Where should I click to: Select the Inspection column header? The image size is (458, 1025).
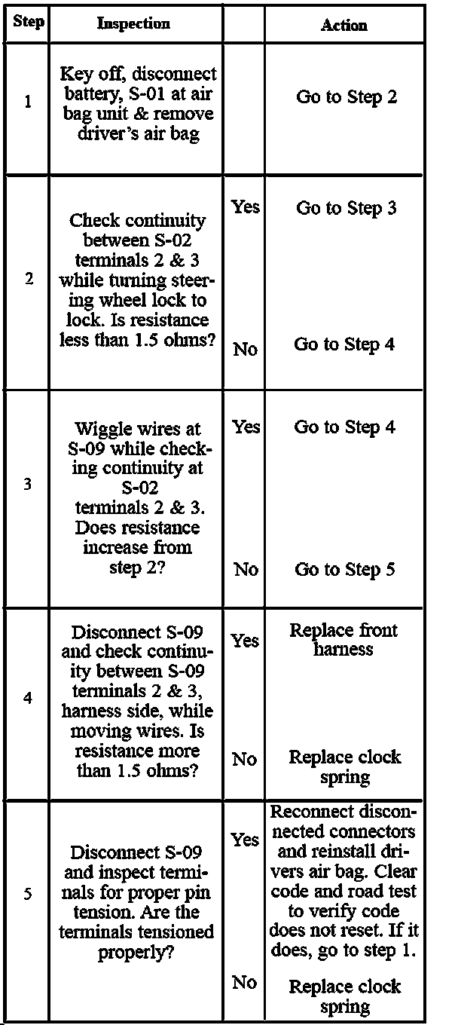tap(133, 23)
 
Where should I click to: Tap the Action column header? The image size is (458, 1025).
tap(343, 25)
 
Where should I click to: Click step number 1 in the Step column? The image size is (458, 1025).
tap(28, 102)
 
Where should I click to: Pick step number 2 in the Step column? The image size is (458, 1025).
tap(29, 279)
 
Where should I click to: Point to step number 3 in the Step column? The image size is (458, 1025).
tap(28, 485)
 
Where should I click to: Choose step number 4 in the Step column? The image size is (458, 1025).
tap(28, 698)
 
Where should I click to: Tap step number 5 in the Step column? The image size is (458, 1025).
tap(28, 895)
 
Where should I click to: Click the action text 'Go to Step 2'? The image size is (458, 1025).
tap(347, 97)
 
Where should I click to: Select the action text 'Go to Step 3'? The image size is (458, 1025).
tap(346, 208)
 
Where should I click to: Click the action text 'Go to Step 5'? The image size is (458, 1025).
tap(344, 570)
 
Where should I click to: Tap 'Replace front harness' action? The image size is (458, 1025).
tap(343, 639)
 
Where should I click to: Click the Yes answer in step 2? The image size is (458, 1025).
tap(246, 207)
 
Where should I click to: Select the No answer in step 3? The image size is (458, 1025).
tap(246, 570)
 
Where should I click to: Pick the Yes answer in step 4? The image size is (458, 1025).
tap(246, 641)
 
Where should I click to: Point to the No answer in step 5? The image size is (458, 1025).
tap(246, 982)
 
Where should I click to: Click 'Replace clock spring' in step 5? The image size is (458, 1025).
tap(345, 996)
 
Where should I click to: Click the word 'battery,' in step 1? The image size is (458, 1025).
tap(90, 94)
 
